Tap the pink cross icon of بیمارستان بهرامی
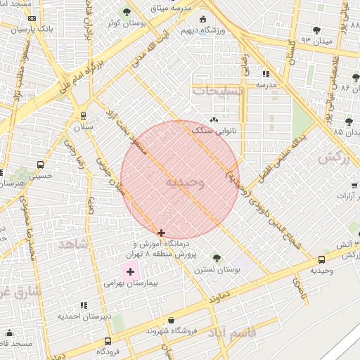coord(131,271)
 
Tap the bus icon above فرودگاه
coord(107,340)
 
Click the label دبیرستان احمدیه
coord(86,316)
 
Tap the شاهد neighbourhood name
coord(73,244)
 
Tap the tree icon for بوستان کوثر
coord(127,11)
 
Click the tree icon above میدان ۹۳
coord(316,30)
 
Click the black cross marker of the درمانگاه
coord(162,233)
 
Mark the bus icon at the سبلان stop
coord(84,116)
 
